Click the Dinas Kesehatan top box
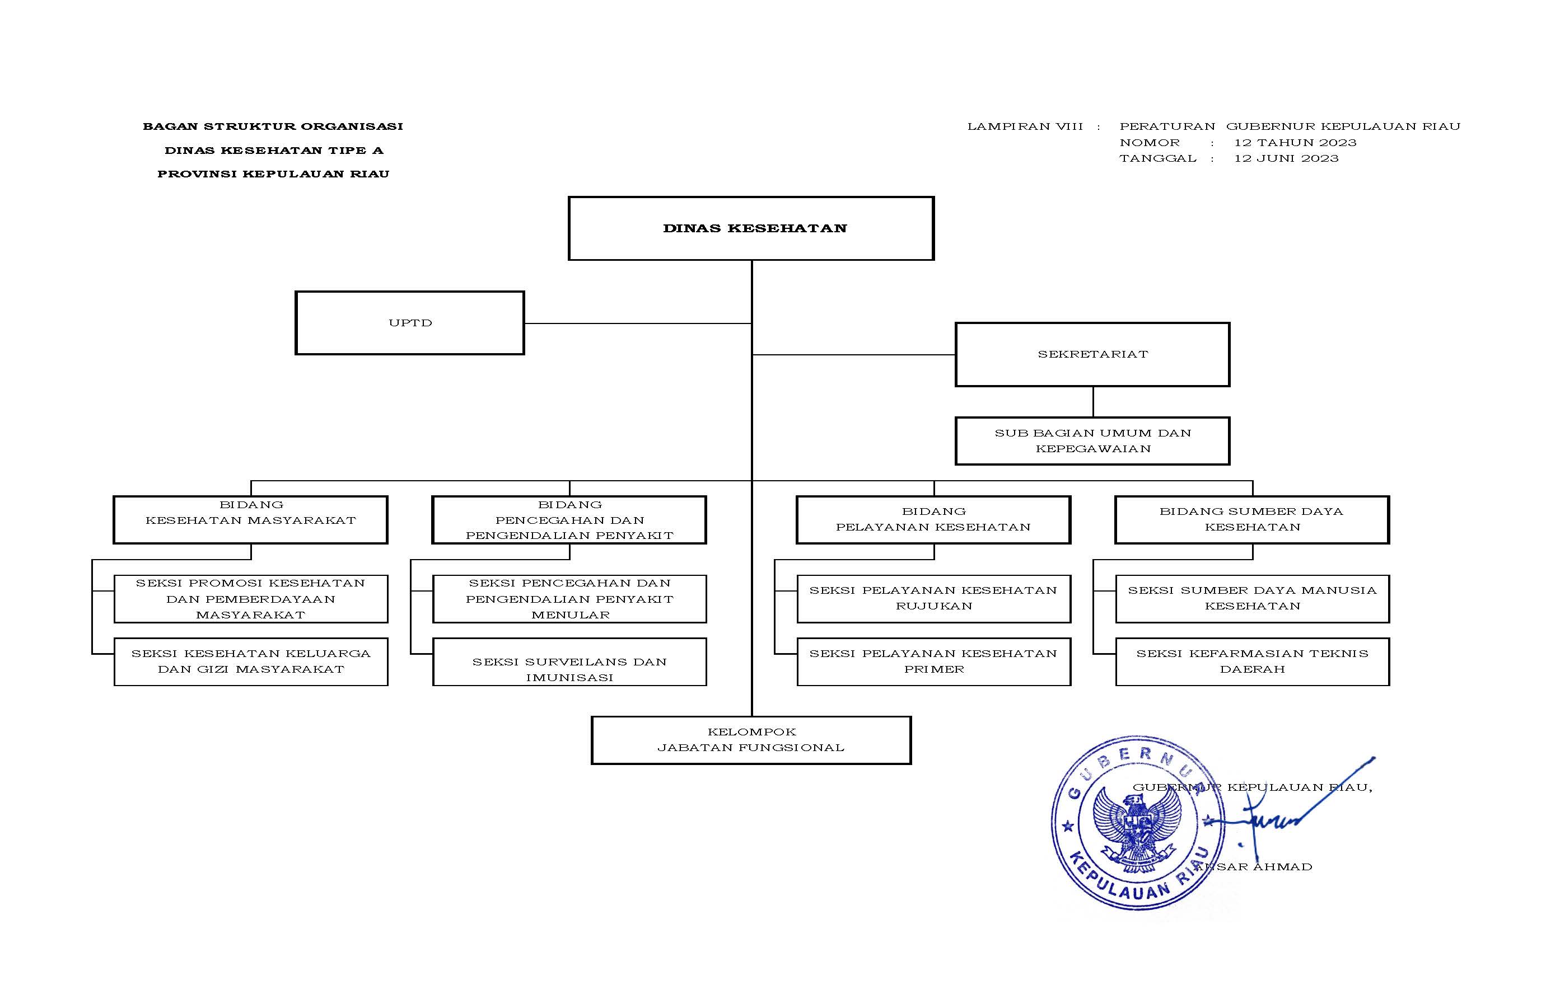point(751,228)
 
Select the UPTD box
point(409,323)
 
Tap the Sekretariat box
point(1092,354)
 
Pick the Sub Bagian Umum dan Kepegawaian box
point(1092,440)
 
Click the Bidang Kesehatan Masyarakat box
point(250,519)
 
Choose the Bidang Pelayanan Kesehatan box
point(933,519)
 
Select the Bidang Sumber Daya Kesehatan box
point(1251,519)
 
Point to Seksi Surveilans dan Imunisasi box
point(569,661)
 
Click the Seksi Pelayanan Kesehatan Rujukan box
point(933,598)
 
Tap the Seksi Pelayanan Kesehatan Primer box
point(933,661)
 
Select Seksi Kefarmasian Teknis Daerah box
point(1252,661)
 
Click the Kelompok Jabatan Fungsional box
point(751,740)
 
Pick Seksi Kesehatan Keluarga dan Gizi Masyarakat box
point(250,661)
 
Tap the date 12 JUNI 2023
point(1286,158)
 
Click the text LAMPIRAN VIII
point(1025,126)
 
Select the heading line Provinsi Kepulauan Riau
point(273,174)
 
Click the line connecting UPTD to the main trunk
point(638,323)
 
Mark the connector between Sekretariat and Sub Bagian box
point(1093,402)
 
